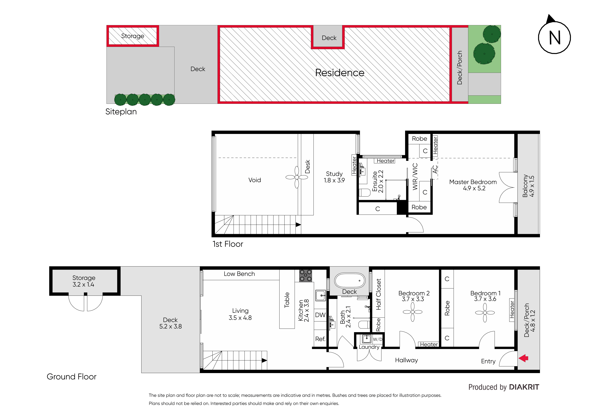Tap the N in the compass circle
(555, 38)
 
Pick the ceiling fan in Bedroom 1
(485, 313)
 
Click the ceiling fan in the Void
(297, 177)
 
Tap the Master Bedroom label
(473, 182)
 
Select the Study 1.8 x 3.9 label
(334, 177)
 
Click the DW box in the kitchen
(320, 315)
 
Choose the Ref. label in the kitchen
(320, 339)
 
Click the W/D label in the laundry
(377, 339)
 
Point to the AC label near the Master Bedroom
(435, 169)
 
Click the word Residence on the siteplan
(340, 73)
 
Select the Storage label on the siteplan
(133, 36)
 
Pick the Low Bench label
(239, 274)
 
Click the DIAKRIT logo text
(524, 387)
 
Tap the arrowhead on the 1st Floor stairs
(298, 225)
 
